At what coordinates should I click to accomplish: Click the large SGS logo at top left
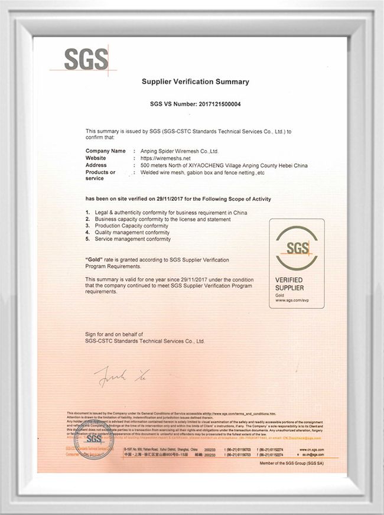coord(86,60)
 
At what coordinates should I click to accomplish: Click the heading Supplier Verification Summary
coord(195,82)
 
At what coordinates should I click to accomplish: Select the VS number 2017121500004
coord(215,104)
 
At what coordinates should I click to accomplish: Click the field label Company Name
coord(106,151)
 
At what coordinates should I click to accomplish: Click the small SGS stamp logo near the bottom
coord(94,441)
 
